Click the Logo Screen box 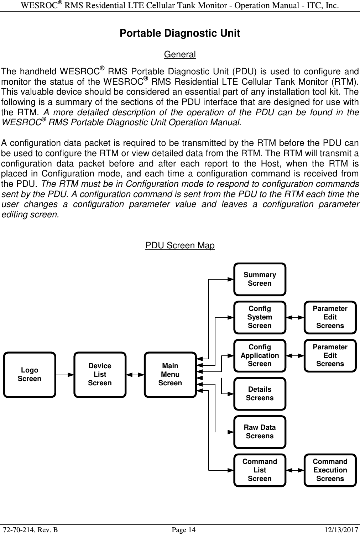tap(30, 375)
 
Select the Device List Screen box tap(100, 375)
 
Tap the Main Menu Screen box tap(170, 375)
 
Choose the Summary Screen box tap(260, 279)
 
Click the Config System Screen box tap(260, 317)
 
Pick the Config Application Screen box tap(260, 355)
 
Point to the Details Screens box tap(260, 394)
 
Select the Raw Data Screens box tap(260, 432)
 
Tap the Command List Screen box tap(260, 470)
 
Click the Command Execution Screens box tap(330, 470)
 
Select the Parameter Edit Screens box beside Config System tap(330, 317)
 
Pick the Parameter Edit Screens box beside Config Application tap(330, 355)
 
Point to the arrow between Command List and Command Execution tap(295, 470)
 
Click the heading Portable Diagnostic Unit tap(180, 33)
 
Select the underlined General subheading tap(180, 55)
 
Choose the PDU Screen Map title tap(180, 245)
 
